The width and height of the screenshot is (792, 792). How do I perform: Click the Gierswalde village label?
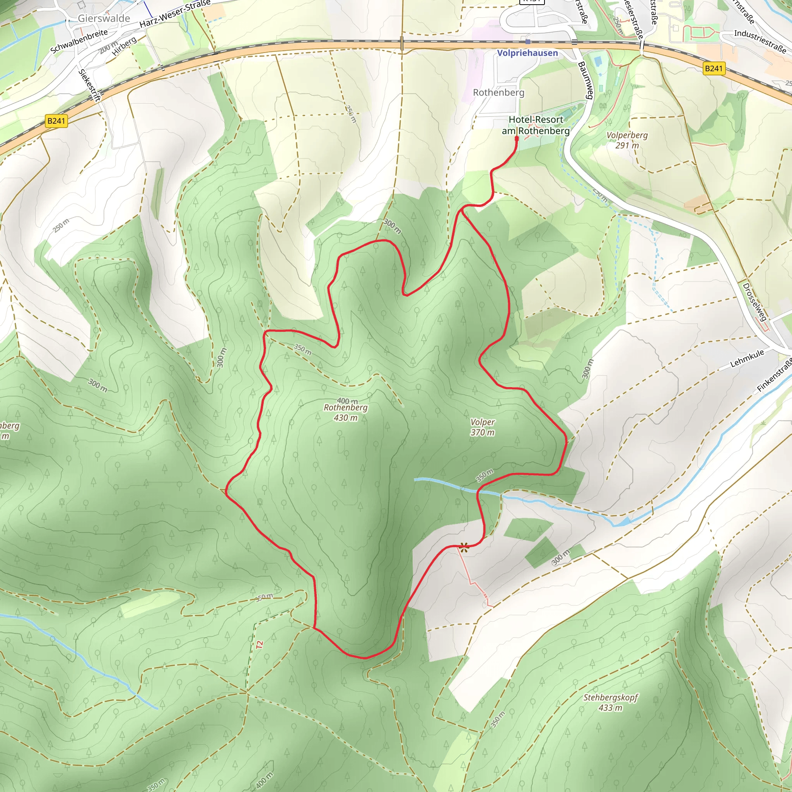click(104, 19)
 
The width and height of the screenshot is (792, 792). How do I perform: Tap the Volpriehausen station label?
click(527, 53)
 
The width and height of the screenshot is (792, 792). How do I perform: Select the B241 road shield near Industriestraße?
click(714, 68)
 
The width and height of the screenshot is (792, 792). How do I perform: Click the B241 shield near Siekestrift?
click(56, 121)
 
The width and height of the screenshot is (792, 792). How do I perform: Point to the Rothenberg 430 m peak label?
click(345, 412)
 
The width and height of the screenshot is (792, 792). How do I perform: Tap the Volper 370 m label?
click(482, 427)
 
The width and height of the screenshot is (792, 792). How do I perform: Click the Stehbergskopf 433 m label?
click(610, 702)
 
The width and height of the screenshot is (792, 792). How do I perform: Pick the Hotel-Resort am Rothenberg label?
click(535, 125)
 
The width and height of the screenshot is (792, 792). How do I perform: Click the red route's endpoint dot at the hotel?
click(517, 138)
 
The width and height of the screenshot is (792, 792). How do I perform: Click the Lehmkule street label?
click(747, 358)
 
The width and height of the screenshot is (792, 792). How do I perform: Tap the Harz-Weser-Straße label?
click(175, 14)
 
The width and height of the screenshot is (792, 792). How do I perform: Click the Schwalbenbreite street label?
click(79, 41)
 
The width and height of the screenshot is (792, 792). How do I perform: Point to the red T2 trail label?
click(259, 644)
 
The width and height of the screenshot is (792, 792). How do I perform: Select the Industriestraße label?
click(760, 41)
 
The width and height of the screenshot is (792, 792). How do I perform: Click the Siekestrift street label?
click(89, 85)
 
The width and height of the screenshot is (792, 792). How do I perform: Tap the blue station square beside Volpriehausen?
click(527, 42)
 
